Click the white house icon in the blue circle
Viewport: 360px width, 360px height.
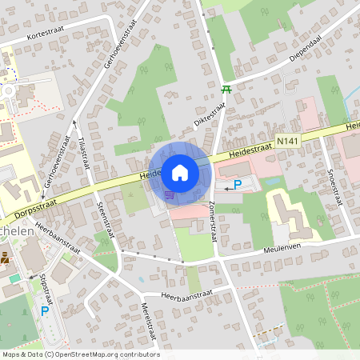pos(180,172)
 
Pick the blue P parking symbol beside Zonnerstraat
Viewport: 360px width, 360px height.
pos(238,186)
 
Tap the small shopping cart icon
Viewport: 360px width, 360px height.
pos(169,194)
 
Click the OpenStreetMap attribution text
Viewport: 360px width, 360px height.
pos(80,354)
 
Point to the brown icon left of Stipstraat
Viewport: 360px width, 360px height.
pos(6,258)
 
